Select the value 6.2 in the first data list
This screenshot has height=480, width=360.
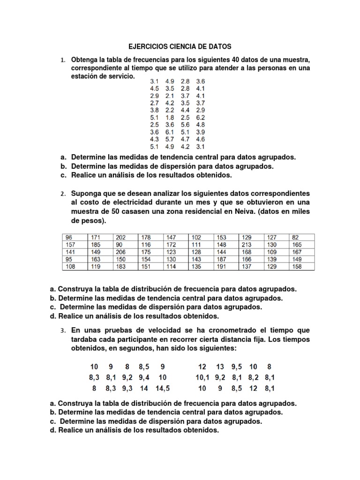[201, 117]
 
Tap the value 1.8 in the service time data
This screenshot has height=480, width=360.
[170, 117]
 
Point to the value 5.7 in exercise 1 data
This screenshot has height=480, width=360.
[170, 139]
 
